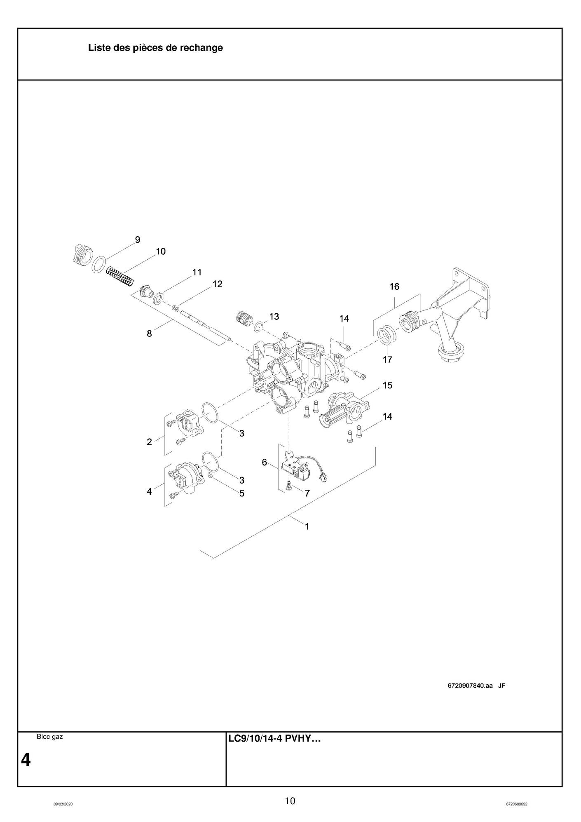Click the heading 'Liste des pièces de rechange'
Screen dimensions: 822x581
pyautogui.click(x=155, y=48)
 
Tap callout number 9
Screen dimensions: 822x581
pyautogui.click(x=138, y=240)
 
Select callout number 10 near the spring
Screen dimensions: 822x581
pyautogui.click(x=161, y=251)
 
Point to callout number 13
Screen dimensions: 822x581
pyautogui.click(x=274, y=316)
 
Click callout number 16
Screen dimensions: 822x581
pyautogui.click(x=394, y=287)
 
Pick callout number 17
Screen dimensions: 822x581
pyautogui.click(x=387, y=359)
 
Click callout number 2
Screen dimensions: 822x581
pyautogui.click(x=149, y=442)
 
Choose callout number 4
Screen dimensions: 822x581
pyautogui.click(x=149, y=491)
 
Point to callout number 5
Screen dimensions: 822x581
pyautogui.click(x=242, y=493)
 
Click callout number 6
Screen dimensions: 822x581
pyautogui.click(x=265, y=462)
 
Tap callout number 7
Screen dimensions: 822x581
pyautogui.click(x=307, y=493)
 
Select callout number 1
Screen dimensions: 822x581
pyautogui.click(x=307, y=526)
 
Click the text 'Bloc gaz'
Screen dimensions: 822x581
pyautogui.click(x=50, y=737)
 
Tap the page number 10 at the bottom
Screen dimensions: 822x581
pyautogui.click(x=290, y=801)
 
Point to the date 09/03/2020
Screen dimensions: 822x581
pyautogui.click(x=63, y=804)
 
